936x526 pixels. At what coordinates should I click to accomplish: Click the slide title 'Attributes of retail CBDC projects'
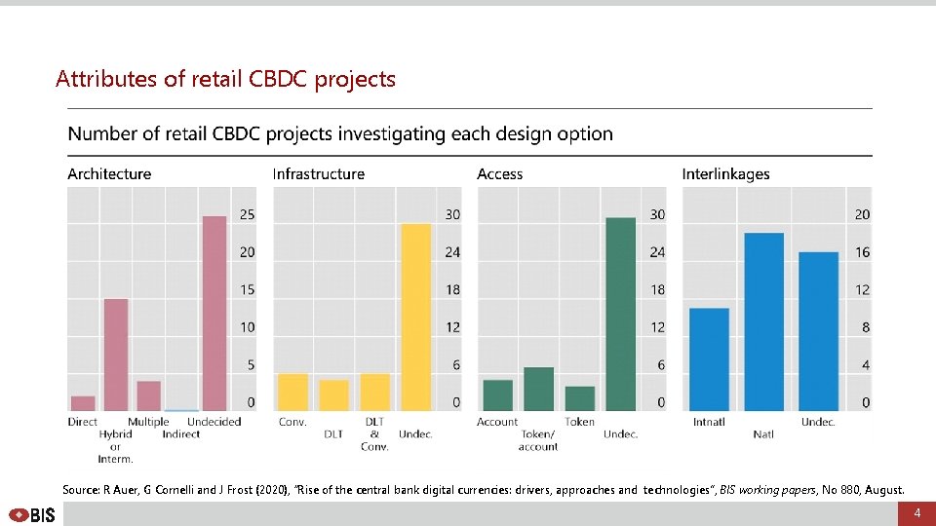pos(225,79)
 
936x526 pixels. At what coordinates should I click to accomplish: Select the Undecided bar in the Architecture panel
pos(214,313)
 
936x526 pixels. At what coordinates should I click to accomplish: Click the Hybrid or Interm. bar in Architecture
pos(116,355)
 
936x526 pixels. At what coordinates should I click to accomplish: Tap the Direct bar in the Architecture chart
pos(84,402)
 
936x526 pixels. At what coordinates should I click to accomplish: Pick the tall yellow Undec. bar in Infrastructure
pos(416,317)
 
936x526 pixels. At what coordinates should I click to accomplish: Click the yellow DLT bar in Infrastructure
pos(333,394)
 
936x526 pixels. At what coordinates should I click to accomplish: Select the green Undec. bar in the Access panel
pos(620,314)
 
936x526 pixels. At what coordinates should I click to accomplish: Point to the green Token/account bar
pos(538,389)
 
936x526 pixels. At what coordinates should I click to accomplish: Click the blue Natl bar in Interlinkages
pos(763,321)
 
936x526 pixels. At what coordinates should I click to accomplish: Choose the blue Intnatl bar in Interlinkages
pos(709,359)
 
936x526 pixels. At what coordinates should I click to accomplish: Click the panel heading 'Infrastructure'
pos(318,174)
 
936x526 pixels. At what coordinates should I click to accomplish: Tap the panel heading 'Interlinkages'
pos(725,174)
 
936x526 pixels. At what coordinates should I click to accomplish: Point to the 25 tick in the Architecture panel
pos(248,214)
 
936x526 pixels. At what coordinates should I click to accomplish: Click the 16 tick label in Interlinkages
pos(862,252)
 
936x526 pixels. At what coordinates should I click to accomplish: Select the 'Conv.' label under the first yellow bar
pos(292,422)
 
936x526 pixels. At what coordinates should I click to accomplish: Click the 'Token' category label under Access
pos(579,422)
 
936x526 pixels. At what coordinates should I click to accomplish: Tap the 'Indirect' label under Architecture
pos(180,433)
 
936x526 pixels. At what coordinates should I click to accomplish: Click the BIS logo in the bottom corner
pos(32,514)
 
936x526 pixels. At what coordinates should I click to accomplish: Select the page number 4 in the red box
pos(916,513)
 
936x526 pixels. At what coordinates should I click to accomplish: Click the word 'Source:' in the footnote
pos(81,490)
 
